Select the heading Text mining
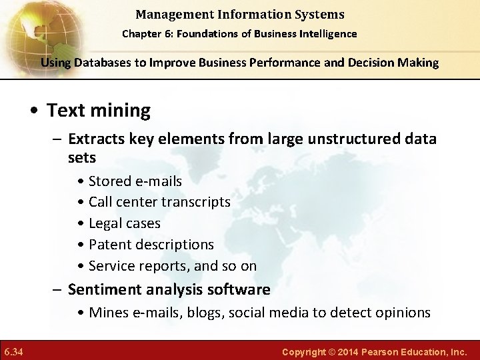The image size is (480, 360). point(98,110)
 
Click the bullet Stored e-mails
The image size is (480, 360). point(135,181)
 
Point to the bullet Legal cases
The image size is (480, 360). point(124,223)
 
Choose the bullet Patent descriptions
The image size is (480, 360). point(151,244)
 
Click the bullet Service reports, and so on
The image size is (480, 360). point(172,265)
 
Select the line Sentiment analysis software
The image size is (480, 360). point(169,289)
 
